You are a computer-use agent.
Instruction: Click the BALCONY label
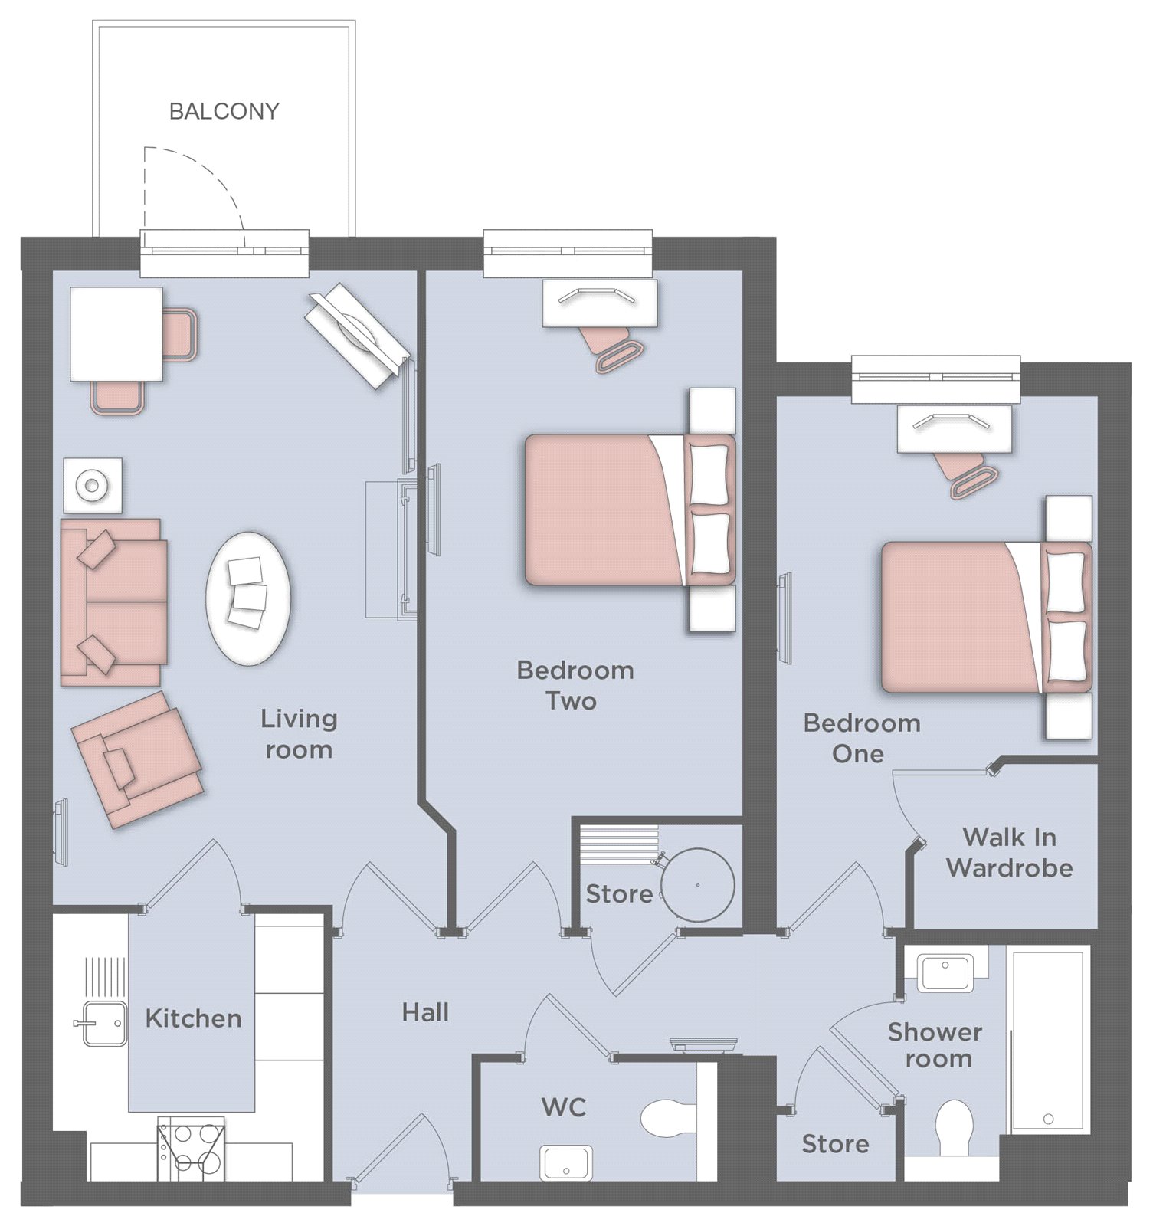coord(224,111)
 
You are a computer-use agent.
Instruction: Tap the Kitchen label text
coord(193,1018)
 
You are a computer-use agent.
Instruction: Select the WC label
coord(564,1106)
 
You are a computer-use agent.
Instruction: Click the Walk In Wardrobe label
coord(1009,852)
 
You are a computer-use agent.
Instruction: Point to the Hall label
coord(425,1012)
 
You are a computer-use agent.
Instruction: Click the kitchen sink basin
coord(104,1023)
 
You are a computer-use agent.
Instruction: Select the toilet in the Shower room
coord(955,1128)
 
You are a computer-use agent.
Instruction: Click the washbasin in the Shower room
coord(947,973)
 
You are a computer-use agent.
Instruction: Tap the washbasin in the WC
coord(566,1162)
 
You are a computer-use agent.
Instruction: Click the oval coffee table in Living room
coord(248,598)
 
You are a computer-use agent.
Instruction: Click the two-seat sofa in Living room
coord(113,602)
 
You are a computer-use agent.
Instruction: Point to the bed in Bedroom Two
coord(630,510)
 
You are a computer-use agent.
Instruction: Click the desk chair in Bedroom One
coord(965,473)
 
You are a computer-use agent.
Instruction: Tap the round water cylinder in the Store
coord(697,885)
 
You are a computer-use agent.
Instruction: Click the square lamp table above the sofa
coord(92,485)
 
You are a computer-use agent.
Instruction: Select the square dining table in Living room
coord(116,334)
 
